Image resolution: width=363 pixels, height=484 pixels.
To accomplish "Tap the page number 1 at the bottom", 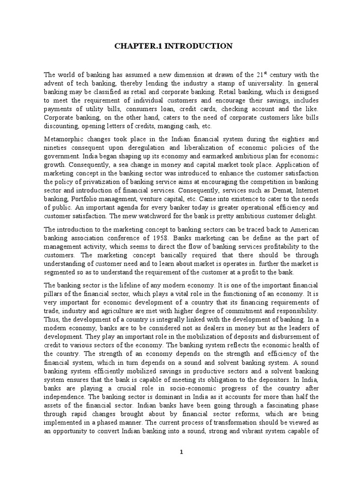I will [x=181, y=452].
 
